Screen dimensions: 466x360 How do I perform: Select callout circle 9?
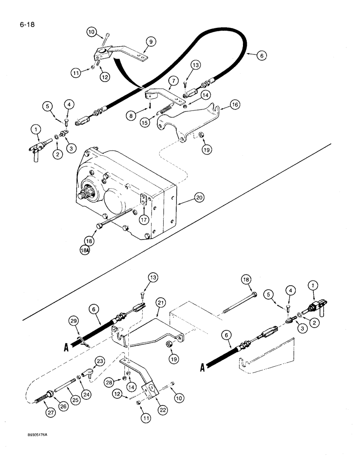coord(150,41)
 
